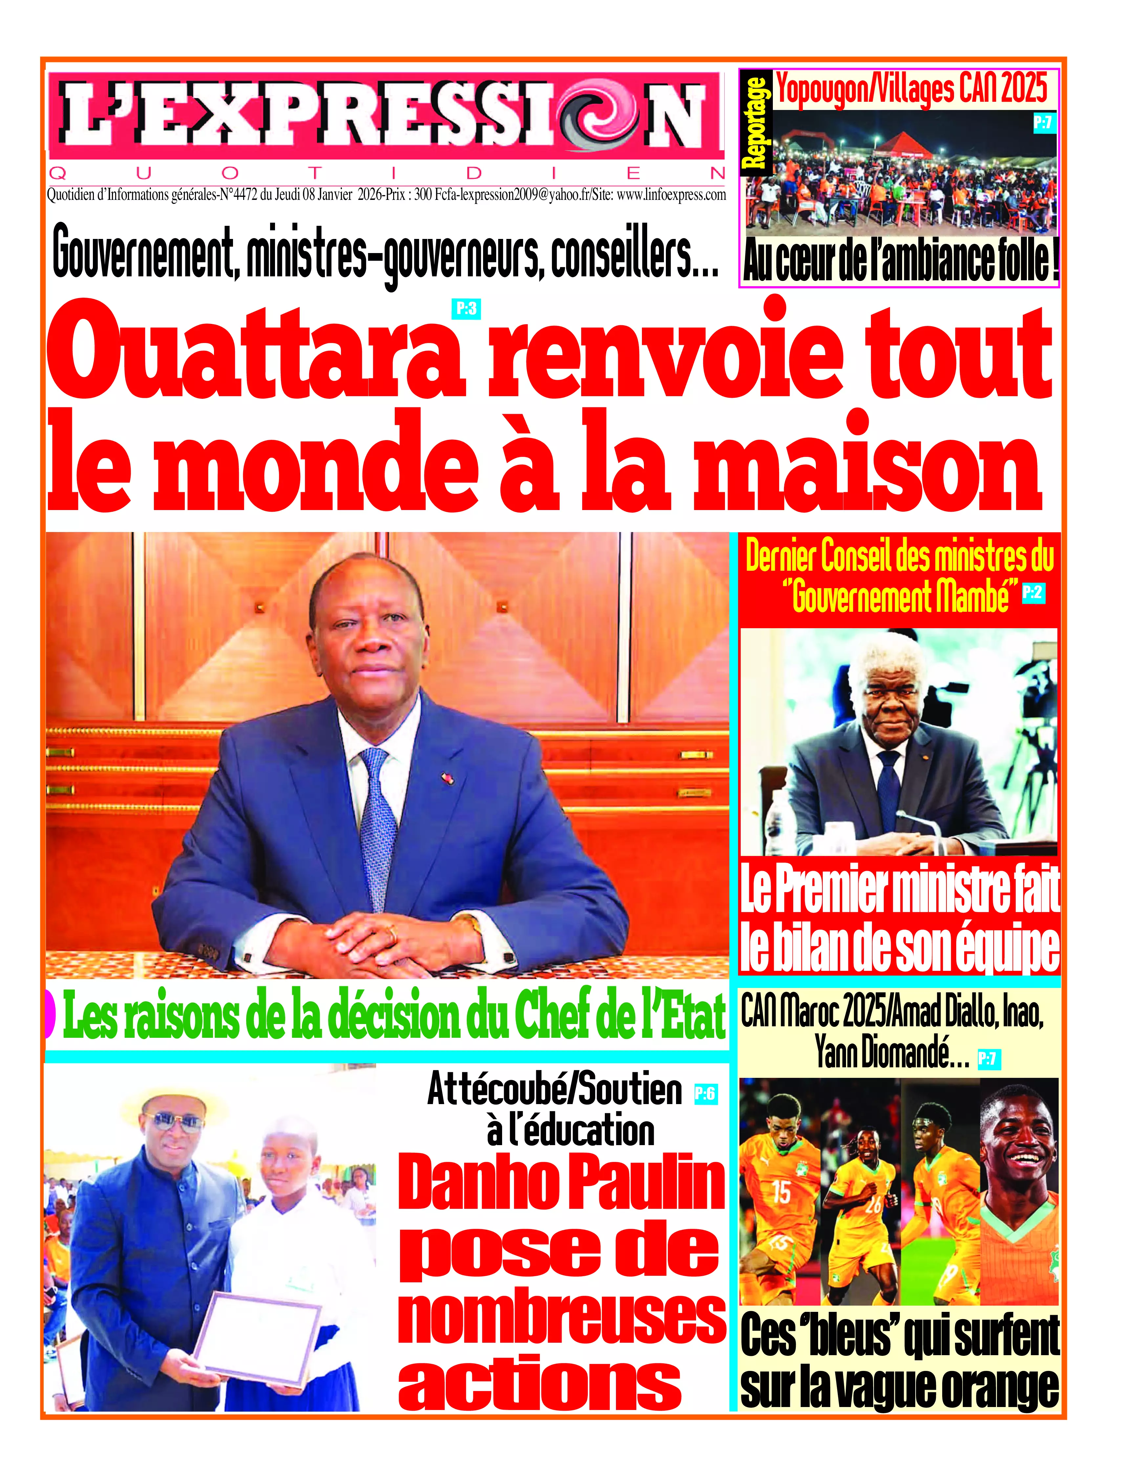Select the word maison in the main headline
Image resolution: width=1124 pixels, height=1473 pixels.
tap(866, 465)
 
